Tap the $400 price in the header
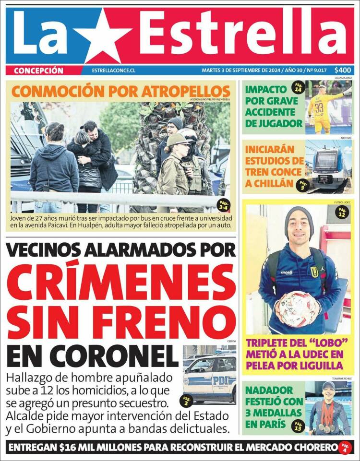343,70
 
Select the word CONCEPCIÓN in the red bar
38,71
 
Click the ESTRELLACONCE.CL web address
114,71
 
